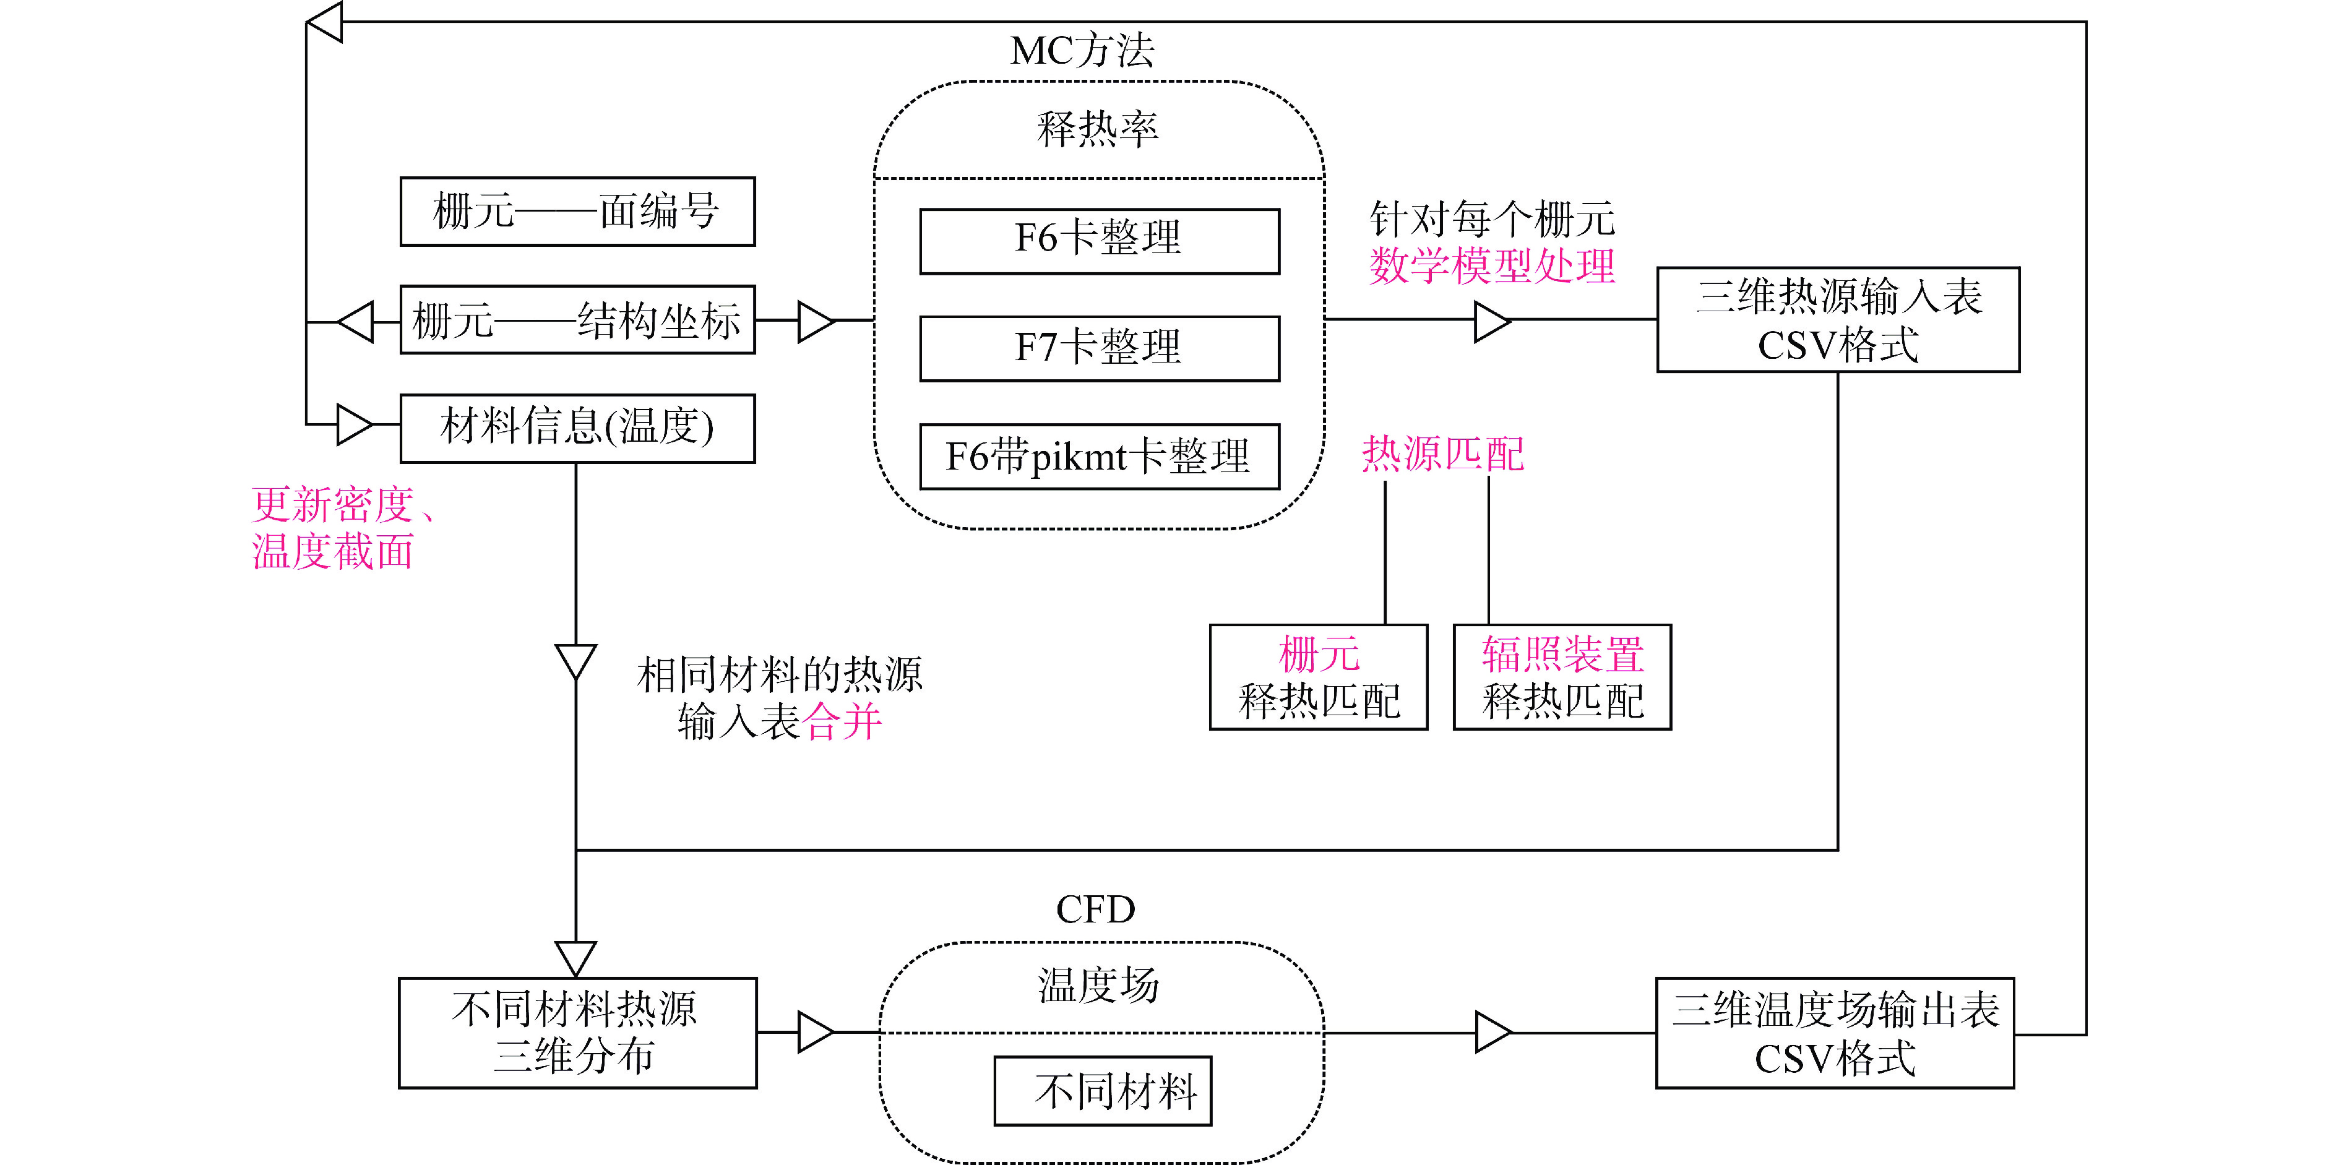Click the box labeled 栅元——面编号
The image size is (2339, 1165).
[x=577, y=212]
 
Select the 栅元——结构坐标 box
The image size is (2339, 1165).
[x=577, y=320]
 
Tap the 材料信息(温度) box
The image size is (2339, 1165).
[x=577, y=428]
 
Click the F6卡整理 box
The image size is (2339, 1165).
[x=1099, y=241]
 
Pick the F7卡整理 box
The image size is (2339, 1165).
[x=1099, y=349]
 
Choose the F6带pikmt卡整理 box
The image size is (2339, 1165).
[x=1099, y=457]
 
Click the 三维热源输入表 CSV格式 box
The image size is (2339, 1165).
[x=1838, y=320]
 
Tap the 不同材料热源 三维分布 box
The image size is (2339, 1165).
[x=577, y=1033]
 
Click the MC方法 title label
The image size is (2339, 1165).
[x=1082, y=51]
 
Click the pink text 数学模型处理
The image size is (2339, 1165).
[x=1492, y=267]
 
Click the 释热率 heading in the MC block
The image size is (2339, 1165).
[x=1098, y=129]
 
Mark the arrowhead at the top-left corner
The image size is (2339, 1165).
[x=325, y=22]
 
